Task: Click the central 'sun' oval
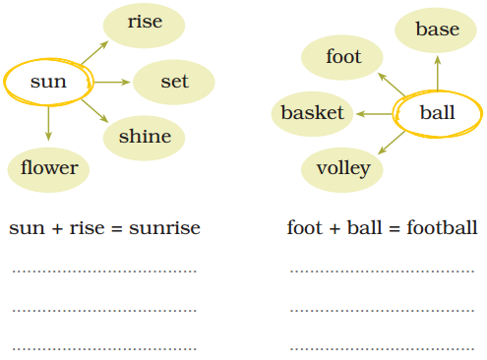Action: point(48,82)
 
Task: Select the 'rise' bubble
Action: point(145,22)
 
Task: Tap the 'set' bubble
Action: point(174,82)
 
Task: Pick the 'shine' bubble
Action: point(145,137)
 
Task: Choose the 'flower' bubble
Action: point(49,168)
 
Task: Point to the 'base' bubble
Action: point(437,30)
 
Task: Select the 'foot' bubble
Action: point(343,57)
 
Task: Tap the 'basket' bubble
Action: point(313,113)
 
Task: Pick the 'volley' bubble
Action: point(343,168)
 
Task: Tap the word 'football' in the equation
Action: point(442,228)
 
